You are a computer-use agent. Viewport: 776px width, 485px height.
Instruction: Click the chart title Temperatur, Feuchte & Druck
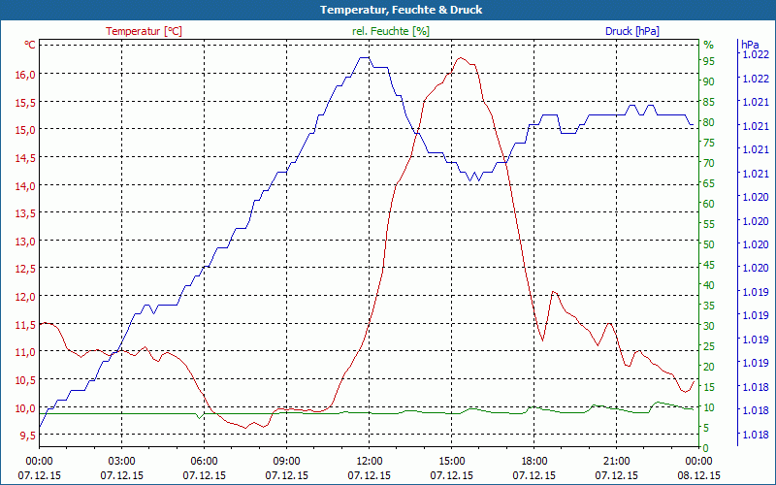click(x=387, y=10)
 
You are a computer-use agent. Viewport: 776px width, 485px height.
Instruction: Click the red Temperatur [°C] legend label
click(x=144, y=31)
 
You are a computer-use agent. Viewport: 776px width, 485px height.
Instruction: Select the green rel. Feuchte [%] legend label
click(x=390, y=31)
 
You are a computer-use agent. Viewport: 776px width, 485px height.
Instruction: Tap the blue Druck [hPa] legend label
click(x=631, y=31)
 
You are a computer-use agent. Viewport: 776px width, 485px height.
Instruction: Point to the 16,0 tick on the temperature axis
click(x=24, y=74)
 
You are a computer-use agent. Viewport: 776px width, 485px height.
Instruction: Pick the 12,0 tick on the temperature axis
click(x=24, y=296)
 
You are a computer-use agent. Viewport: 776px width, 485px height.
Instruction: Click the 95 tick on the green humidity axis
click(x=709, y=61)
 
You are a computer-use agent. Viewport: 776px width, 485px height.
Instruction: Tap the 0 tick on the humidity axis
click(x=706, y=447)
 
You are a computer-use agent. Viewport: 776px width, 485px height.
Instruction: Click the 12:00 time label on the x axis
click(x=369, y=461)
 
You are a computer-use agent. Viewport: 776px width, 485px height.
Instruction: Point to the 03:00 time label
click(x=121, y=461)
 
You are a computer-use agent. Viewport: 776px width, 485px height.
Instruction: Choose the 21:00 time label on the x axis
click(x=616, y=461)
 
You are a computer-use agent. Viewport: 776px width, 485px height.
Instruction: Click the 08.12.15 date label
click(x=698, y=475)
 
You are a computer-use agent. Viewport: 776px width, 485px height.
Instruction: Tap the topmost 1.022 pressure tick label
click(x=754, y=54)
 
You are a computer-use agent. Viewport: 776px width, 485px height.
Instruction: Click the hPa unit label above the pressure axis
click(x=750, y=44)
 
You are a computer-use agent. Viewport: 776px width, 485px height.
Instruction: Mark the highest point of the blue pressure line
click(x=364, y=57)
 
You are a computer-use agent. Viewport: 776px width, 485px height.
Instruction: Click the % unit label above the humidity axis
click(x=708, y=45)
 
